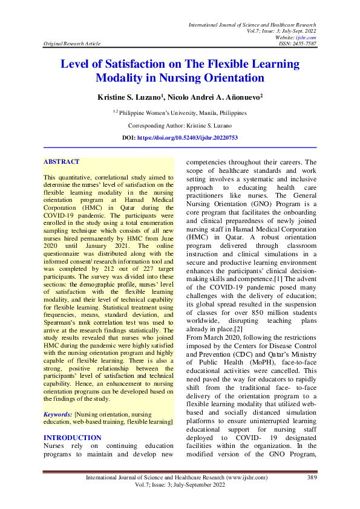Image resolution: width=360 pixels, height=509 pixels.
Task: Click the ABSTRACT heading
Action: [x=61, y=162]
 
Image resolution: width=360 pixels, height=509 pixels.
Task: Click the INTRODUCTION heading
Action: [x=73, y=437]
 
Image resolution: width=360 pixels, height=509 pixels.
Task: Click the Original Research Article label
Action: [x=71, y=44]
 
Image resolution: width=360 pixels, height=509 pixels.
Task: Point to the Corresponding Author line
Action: [x=180, y=126]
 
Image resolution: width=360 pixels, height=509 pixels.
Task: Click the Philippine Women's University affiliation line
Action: [x=180, y=112]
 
